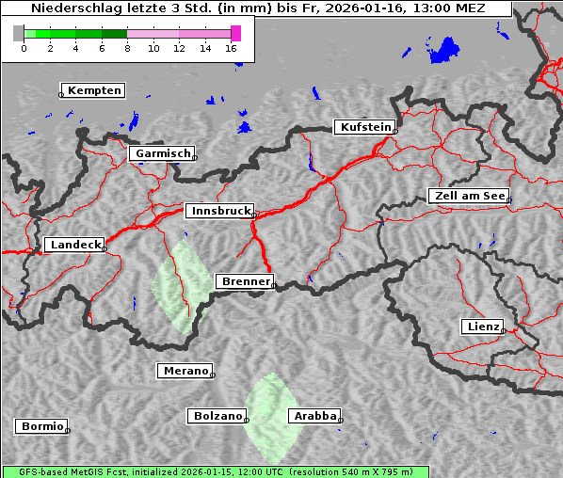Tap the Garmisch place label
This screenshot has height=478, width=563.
tap(163, 153)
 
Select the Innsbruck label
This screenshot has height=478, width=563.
tap(218, 212)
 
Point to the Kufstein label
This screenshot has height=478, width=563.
tap(364, 127)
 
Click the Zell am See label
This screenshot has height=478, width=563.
tap(468, 196)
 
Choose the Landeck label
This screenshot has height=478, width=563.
tap(74, 245)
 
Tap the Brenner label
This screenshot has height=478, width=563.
tap(245, 281)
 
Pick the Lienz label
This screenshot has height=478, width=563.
tap(482, 327)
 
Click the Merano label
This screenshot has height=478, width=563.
tap(185, 371)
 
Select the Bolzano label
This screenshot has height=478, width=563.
tap(217, 415)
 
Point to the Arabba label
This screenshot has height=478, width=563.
tap(314, 416)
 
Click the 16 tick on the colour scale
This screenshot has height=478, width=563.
tap(231, 48)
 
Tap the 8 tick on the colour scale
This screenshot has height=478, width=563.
tap(127, 48)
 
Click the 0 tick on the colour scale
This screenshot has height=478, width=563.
tap(24, 48)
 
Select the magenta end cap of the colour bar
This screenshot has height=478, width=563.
tap(235, 33)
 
